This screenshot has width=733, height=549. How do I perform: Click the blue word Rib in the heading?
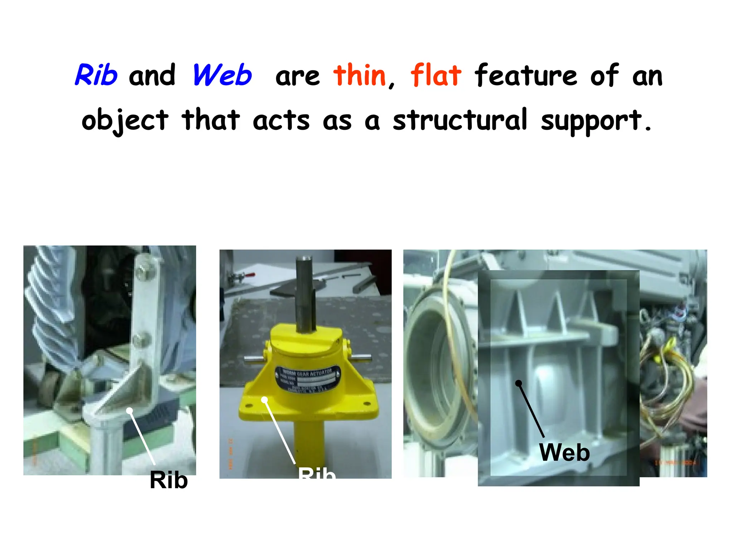(x=96, y=75)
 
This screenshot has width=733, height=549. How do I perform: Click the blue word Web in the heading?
(x=222, y=75)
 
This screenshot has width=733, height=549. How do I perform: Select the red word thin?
(x=360, y=75)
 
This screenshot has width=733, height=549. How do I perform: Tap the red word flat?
(x=436, y=75)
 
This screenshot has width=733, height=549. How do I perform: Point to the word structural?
(x=460, y=120)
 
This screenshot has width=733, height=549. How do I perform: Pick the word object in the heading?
(x=125, y=120)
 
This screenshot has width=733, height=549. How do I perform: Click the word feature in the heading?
(x=526, y=75)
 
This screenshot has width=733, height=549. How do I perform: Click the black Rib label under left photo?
(x=169, y=480)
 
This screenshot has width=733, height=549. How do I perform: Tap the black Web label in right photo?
(x=564, y=452)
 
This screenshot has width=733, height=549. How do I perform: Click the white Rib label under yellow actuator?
(x=317, y=473)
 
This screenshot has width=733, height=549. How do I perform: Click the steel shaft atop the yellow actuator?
(x=305, y=293)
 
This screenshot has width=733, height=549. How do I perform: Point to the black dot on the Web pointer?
(x=518, y=383)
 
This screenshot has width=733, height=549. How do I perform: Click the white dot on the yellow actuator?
(x=264, y=399)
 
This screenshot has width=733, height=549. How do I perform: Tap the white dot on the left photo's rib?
(x=130, y=411)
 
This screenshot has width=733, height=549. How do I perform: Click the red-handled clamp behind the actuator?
(x=243, y=276)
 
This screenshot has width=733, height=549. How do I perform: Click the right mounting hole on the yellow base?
(x=367, y=404)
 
